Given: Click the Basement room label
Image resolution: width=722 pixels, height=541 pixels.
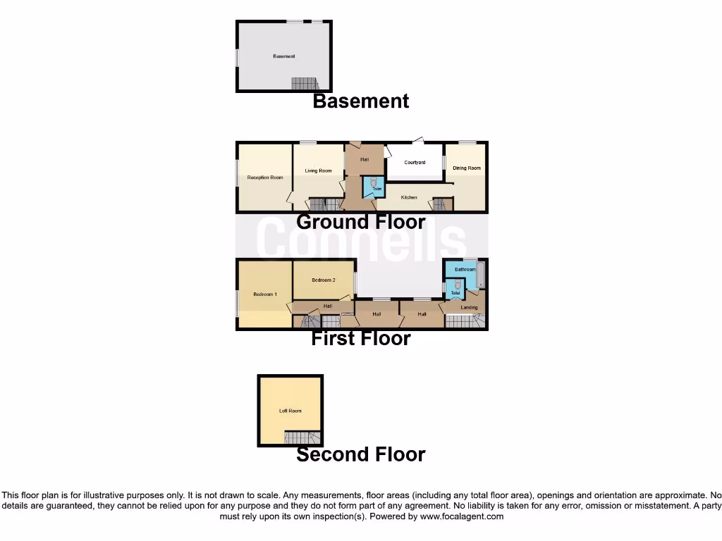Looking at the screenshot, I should coord(283,56).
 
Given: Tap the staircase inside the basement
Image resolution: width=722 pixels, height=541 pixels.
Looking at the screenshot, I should coord(305,84).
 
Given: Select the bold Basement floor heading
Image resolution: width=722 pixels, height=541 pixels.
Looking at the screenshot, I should coord(360,101).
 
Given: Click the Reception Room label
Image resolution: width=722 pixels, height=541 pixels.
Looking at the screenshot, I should coord(264,178).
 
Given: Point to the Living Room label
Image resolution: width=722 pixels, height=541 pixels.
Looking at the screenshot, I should coord(318,170).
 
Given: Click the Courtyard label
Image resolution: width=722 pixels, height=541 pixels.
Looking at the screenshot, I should coord(415,163).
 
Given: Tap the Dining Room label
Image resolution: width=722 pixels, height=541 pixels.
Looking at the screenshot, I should coord(466,168).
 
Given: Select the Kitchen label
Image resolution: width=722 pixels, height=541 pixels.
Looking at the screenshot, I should coord(409,197).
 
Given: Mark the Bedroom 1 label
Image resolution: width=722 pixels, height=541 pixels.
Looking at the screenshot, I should coord(265,294).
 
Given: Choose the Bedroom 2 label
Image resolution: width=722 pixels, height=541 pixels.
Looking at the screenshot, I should coord(323,280).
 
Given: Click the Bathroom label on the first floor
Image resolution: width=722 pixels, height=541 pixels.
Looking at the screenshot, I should coord(465,269).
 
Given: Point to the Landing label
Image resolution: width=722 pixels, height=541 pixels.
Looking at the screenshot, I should coord(469,307).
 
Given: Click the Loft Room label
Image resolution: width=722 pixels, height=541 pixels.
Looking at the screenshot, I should coord(290,411).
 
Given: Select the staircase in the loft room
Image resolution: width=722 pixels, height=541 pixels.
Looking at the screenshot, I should coord(302,438).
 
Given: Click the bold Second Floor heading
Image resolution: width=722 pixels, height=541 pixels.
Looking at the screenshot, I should coord(360,455).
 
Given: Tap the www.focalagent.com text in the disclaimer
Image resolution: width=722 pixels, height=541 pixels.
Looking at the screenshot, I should coord(463,516).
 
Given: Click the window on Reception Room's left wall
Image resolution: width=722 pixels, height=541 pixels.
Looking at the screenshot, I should coord(237,173).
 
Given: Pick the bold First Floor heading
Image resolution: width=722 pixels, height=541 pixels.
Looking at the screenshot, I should coord(360,339).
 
